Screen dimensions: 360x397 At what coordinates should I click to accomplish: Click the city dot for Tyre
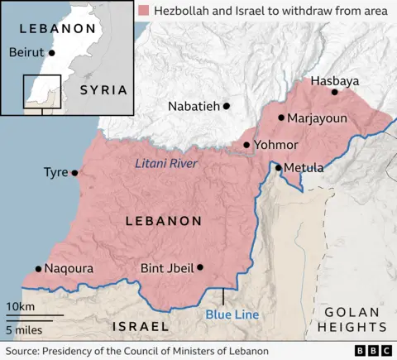tap(74, 173)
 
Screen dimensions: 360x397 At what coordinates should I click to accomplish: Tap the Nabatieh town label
tap(194, 106)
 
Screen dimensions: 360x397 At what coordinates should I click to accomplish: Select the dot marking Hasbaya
tap(335, 92)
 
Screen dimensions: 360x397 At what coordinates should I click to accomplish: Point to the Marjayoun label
tap(318, 118)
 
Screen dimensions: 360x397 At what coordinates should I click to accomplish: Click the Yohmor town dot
tap(246, 145)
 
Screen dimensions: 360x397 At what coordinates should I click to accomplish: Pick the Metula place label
tap(307, 168)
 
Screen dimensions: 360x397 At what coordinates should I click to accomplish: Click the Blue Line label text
tap(232, 314)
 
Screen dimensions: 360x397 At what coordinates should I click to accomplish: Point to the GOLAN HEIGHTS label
tap(352, 320)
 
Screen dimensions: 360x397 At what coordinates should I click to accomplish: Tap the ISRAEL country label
tap(146, 326)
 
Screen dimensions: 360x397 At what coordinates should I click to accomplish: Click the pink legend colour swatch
tap(145, 10)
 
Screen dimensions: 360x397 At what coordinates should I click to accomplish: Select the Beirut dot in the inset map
tap(51, 52)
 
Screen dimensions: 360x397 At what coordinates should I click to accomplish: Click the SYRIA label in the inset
tap(103, 89)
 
